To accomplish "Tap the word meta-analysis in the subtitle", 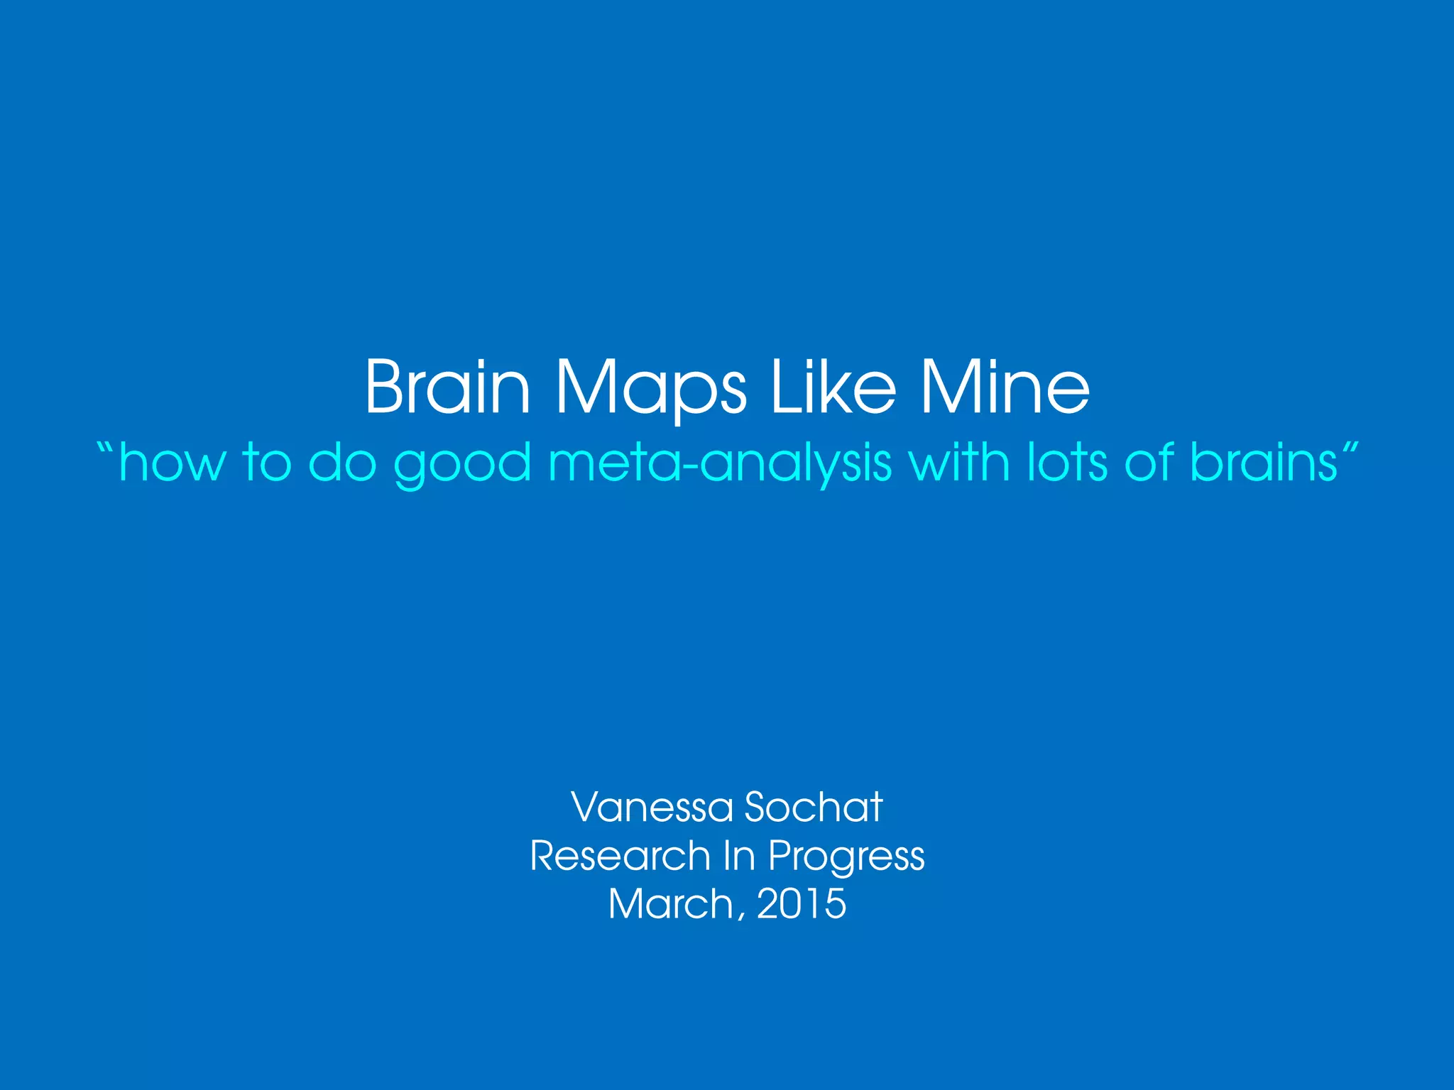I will pos(720,463).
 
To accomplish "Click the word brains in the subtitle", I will pos(1263,462).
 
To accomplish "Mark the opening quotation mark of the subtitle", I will pos(105,448).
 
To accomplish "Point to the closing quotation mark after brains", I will pos(1348,448).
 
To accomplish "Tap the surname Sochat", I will pos(814,807).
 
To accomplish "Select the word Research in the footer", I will pos(620,855).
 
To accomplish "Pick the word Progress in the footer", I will pos(846,857).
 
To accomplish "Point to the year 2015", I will pos(802,903).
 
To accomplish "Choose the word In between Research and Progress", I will pos(738,855).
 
